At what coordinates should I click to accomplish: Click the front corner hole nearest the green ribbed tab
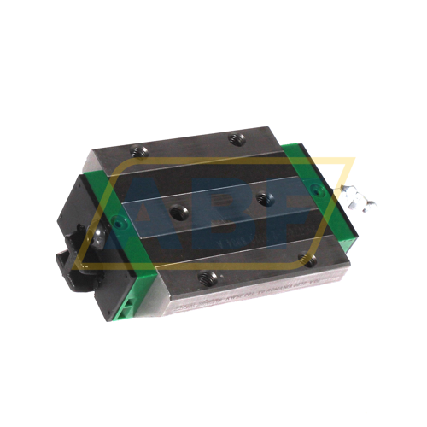(x=206, y=278)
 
